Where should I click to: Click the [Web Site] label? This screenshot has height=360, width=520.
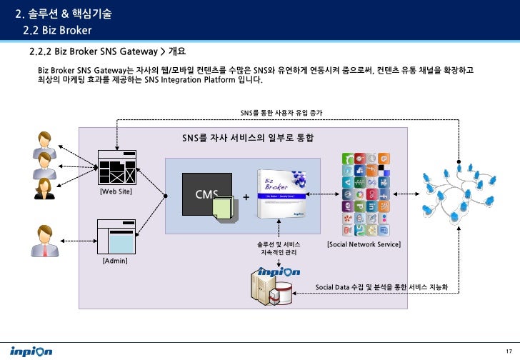point(115,192)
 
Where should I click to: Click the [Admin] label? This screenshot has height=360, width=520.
point(115,261)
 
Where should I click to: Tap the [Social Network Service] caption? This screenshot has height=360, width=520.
point(363,245)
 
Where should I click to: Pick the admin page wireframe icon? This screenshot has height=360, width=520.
point(116,236)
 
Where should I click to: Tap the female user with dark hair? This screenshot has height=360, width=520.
point(44,188)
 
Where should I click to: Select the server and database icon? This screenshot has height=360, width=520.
point(271,289)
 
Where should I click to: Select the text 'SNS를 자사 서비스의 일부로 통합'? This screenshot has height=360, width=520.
point(247,137)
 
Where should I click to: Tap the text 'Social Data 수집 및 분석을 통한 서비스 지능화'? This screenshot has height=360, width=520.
point(386,287)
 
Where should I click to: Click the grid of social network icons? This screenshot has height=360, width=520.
point(365,194)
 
